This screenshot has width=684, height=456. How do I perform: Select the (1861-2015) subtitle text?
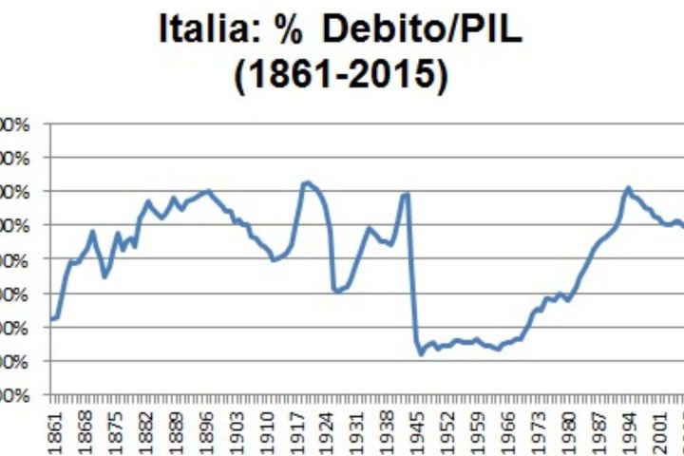[x=341, y=76]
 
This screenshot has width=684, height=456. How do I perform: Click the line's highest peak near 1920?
[x=305, y=182]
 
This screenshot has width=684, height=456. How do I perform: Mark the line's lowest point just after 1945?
[x=421, y=354]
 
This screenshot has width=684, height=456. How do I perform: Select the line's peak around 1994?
[x=628, y=188]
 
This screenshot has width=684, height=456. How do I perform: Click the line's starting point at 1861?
[x=52, y=319]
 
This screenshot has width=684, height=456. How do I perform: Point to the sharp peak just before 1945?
[x=408, y=194]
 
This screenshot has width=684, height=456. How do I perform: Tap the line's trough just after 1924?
[x=337, y=291]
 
